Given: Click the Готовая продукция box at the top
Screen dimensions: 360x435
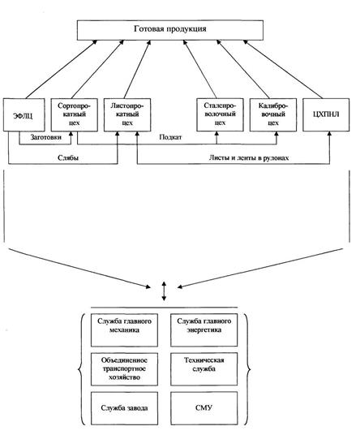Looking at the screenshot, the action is click(x=170, y=30).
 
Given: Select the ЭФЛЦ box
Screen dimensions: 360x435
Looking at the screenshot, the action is click(x=24, y=114).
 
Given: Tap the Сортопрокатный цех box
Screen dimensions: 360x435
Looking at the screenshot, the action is click(x=75, y=114).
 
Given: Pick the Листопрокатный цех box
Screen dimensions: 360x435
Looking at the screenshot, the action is click(x=127, y=114).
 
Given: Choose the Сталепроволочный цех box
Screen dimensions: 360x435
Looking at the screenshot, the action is click(x=220, y=114).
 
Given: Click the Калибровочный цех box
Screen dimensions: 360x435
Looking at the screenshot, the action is click(x=273, y=114).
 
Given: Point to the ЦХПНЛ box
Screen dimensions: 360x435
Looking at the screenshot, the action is click(x=326, y=114).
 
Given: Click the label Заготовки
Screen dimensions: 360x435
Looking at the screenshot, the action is click(x=46, y=137).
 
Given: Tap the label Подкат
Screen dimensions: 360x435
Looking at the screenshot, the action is click(x=170, y=137).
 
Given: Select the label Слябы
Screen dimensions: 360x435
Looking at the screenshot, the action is click(x=68, y=158).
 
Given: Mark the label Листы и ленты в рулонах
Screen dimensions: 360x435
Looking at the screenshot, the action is click(x=249, y=158).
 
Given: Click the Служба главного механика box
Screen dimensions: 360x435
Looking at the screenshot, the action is click(x=124, y=330).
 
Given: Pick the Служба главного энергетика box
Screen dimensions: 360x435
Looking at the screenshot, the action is click(x=204, y=330).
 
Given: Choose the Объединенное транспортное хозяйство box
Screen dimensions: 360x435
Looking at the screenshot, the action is click(x=124, y=369).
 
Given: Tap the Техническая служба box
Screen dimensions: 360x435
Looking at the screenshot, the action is click(x=204, y=369).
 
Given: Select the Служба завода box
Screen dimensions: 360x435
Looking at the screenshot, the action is click(x=124, y=408).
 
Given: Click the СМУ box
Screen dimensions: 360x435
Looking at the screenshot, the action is click(x=204, y=408).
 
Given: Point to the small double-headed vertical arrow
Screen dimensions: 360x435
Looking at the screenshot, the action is click(x=164, y=291).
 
